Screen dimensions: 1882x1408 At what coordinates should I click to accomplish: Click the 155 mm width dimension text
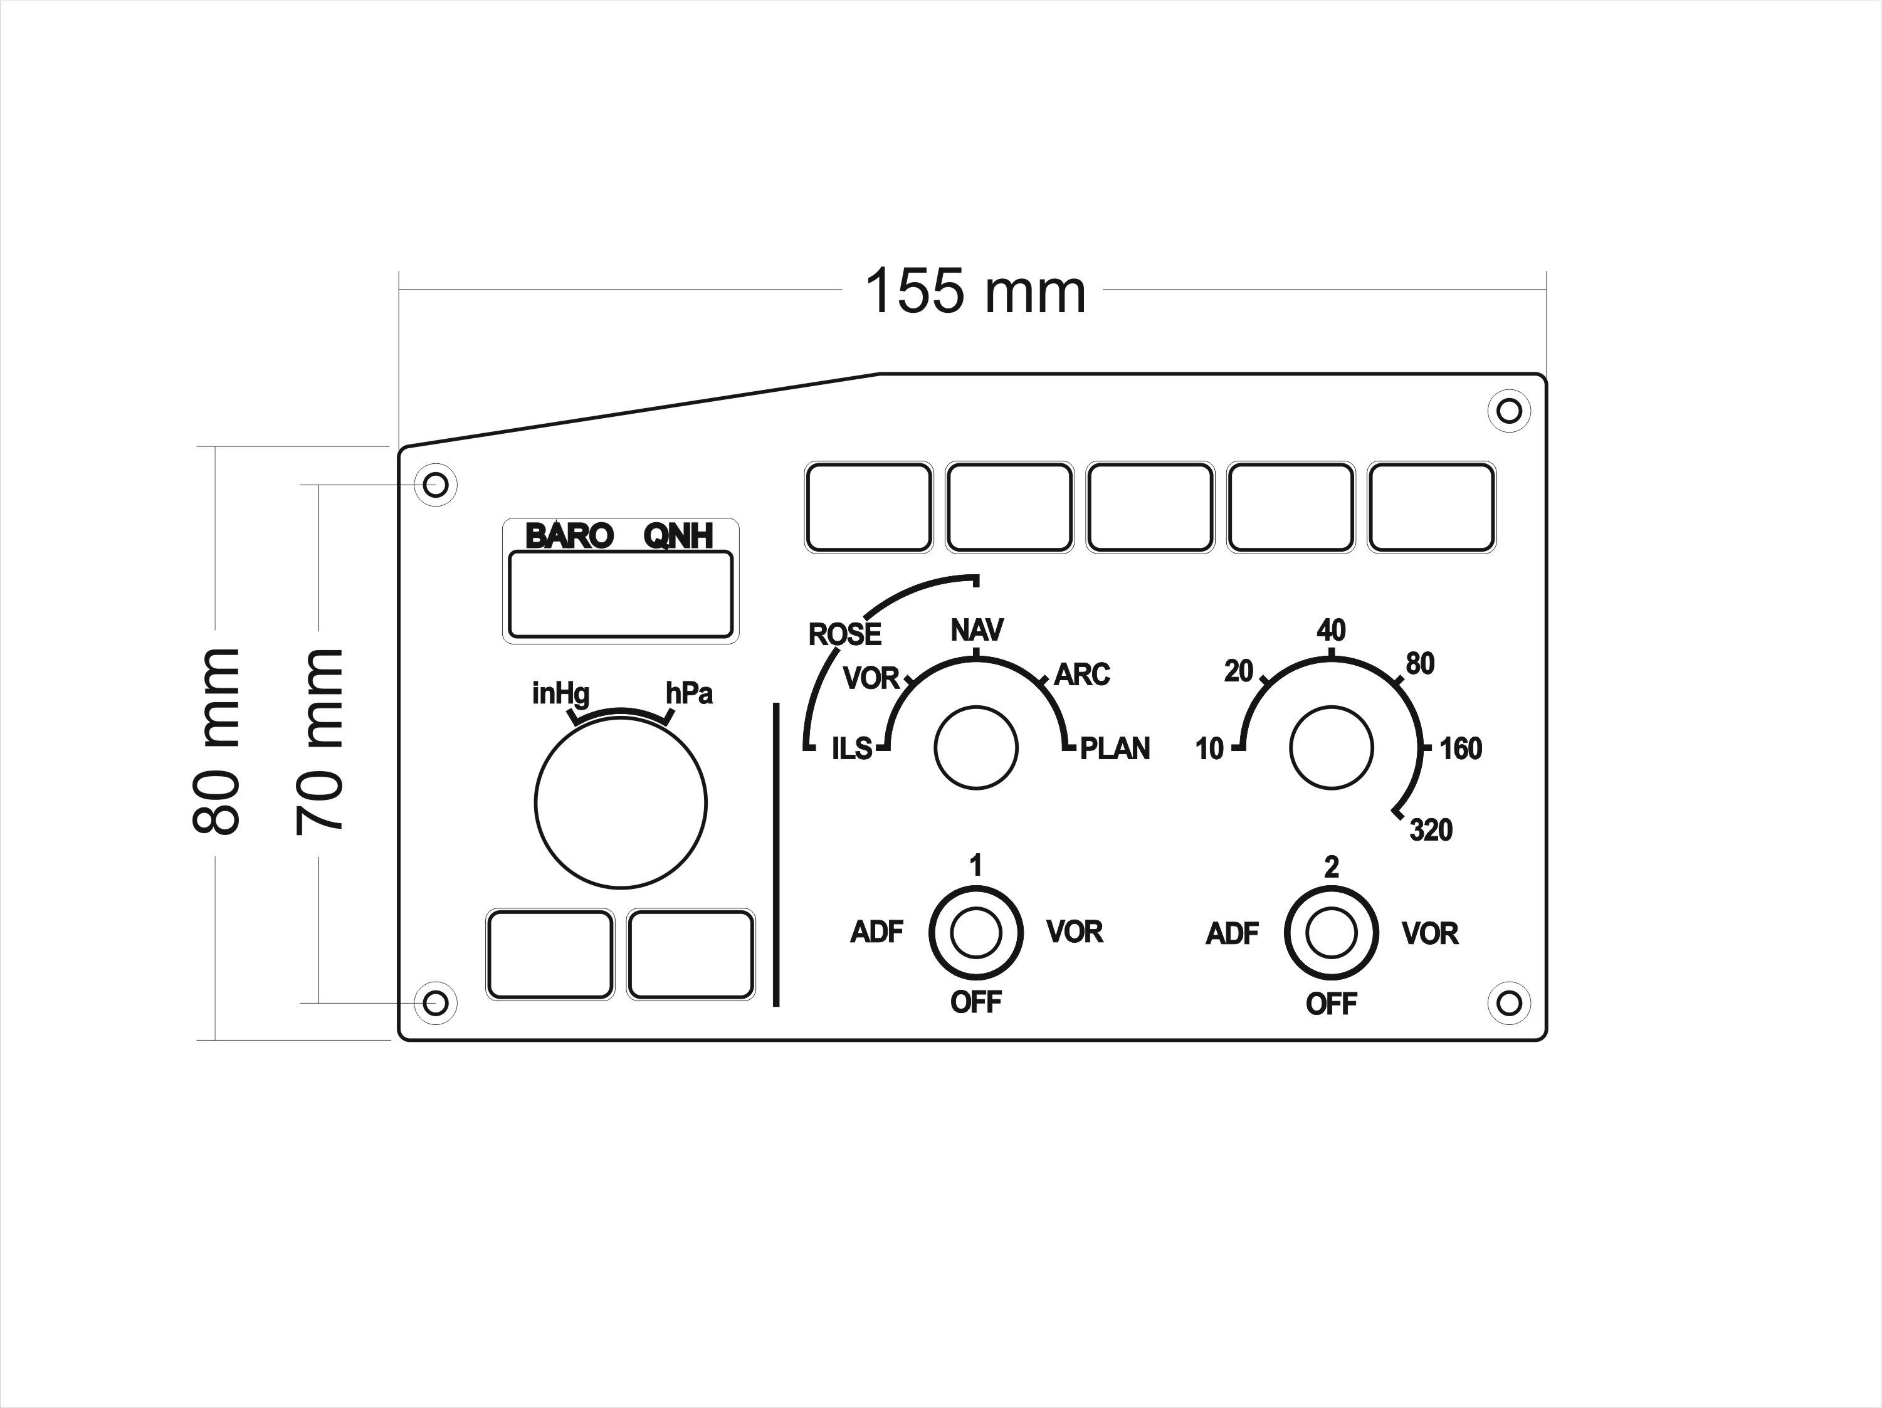[x=975, y=291]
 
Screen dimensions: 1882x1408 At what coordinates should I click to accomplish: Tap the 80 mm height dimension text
[x=216, y=741]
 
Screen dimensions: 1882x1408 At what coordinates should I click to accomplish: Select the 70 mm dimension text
[x=319, y=741]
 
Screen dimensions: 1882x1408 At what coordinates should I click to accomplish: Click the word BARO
[x=569, y=536]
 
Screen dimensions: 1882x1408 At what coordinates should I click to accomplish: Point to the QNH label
[x=678, y=536]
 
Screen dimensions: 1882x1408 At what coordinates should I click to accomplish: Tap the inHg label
[x=560, y=694]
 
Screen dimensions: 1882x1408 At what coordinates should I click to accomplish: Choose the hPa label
[x=689, y=693]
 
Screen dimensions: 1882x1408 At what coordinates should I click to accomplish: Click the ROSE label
[x=845, y=634]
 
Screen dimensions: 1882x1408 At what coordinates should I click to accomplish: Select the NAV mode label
[x=977, y=631]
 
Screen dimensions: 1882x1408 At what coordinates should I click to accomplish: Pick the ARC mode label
[x=1082, y=675]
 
